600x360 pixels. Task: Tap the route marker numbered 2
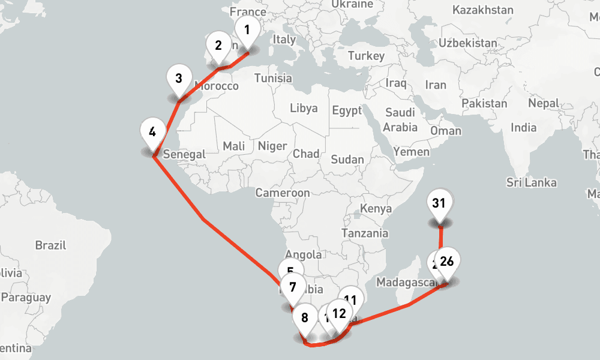point(218,46)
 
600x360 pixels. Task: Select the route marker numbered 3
point(179,79)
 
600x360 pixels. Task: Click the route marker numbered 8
point(305,319)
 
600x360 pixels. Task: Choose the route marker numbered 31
point(439,203)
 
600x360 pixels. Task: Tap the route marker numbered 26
point(446,262)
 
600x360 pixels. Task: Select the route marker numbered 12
point(339,313)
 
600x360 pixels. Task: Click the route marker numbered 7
point(293,287)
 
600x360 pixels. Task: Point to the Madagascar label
point(404,282)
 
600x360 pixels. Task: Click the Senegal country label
point(184,154)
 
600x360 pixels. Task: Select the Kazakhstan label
point(483,10)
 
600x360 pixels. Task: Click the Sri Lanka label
point(531,182)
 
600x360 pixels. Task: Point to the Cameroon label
point(283,193)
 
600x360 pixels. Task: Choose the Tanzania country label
point(365,233)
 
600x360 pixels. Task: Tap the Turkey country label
point(366,56)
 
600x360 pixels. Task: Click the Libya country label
point(304,109)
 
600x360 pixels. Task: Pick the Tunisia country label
point(273,78)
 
